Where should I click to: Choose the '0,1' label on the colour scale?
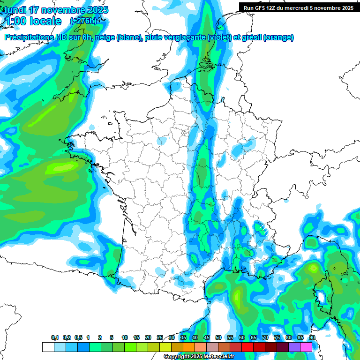(55, 338)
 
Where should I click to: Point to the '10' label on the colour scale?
(125, 338)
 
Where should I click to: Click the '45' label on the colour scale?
(207, 338)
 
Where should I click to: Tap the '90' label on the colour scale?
(312, 338)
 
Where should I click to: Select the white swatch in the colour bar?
(48, 347)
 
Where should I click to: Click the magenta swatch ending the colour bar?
(306, 347)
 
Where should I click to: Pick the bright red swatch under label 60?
(247, 347)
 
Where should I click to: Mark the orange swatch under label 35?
(188, 347)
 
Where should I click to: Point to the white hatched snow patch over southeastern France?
(263, 229)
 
